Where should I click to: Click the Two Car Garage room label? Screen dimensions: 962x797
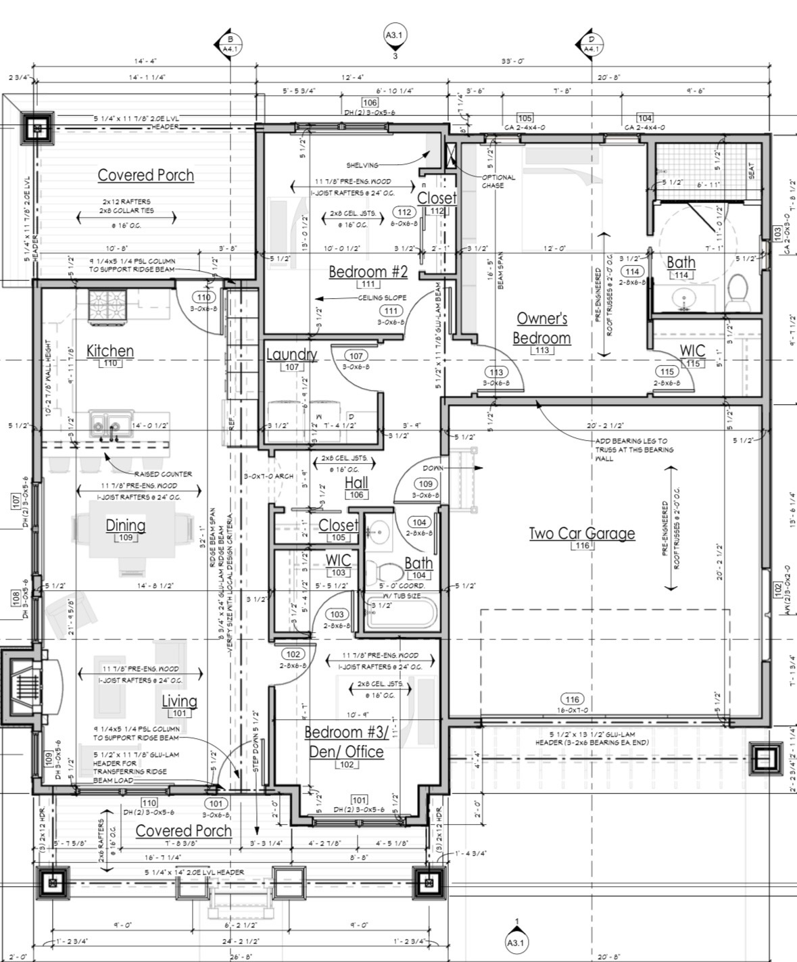pyautogui.click(x=581, y=533)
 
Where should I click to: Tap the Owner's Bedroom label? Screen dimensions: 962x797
pyautogui.click(x=542, y=328)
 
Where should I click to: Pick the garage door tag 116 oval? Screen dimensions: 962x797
pyautogui.click(x=572, y=699)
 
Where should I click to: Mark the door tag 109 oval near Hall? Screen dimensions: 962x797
pyautogui.click(x=425, y=483)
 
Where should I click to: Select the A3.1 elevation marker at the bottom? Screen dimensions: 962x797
pyautogui.click(x=517, y=941)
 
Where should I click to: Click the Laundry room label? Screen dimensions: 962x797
pyautogui.click(x=291, y=354)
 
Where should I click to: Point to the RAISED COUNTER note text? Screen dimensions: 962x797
pyautogui.click(x=163, y=474)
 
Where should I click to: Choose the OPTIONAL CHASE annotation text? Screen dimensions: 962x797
pyautogui.click(x=498, y=181)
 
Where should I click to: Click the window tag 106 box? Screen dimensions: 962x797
pyautogui.click(x=370, y=103)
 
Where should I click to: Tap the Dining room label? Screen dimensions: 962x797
pyautogui.click(x=125, y=525)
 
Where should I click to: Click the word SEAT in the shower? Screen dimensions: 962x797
pyautogui.click(x=751, y=173)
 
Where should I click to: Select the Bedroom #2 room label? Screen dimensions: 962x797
pyautogui.click(x=368, y=272)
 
